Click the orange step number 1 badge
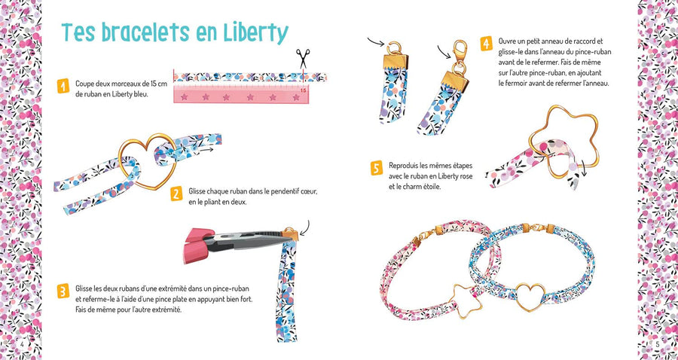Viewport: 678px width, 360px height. (63, 86)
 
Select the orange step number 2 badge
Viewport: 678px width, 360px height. (176, 194)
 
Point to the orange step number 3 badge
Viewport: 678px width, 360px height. (63, 291)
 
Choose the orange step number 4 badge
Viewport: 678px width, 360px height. (487, 44)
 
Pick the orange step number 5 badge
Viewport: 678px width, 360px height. (377, 168)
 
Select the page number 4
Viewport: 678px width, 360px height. (22, 343)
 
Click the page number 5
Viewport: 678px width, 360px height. (657, 344)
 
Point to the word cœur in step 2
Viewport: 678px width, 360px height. (309, 191)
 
